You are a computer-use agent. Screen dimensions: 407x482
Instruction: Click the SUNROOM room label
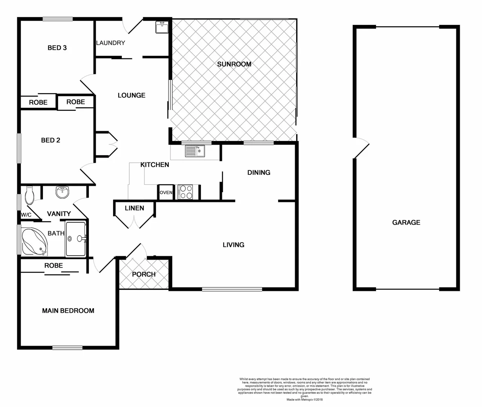(x=234, y=64)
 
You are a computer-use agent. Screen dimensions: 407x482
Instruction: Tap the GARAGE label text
(x=406, y=222)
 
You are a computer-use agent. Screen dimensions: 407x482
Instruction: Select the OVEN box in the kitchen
(x=166, y=193)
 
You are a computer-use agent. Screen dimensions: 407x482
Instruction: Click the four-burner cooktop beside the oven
(x=185, y=192)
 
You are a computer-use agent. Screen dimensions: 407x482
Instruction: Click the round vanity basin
(x=63, y=192)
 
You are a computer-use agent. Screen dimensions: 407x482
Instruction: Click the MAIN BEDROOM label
(x=68, y=311)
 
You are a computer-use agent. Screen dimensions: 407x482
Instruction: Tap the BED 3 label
(x=57, y=48)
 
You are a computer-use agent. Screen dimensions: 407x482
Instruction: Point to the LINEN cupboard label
(x=134, y=208)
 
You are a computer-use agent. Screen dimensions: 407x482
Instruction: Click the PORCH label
(x=144, y=274)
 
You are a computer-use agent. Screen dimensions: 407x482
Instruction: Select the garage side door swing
(x=360, y=148)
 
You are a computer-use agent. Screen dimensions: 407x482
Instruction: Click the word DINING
(x=259, y=173)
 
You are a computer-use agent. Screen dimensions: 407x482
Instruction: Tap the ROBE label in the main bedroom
(x=54, y=265)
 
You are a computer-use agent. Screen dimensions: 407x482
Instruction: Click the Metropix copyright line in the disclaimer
(x=305, y=399)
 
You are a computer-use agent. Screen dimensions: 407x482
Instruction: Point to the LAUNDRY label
(x=110, y=43)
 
